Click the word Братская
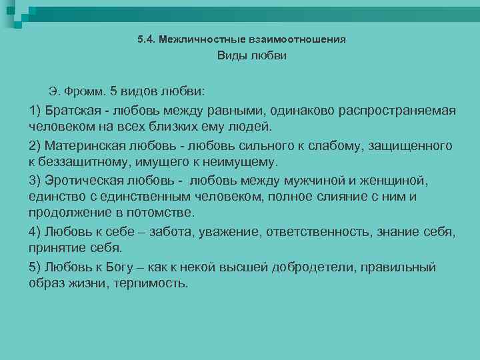(x=71, y=109)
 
